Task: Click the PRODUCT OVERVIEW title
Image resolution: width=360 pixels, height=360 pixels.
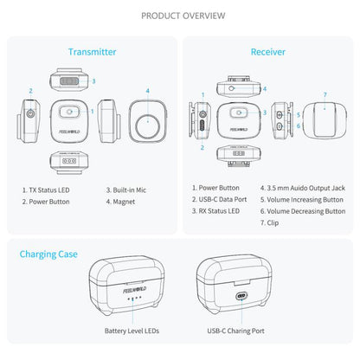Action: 180,16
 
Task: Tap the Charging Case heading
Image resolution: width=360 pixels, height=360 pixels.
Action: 48,254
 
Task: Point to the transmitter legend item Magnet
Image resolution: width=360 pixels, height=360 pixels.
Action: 125,202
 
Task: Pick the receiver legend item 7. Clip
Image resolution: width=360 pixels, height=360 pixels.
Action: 269,222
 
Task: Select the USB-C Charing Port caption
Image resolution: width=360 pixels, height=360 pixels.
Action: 236,330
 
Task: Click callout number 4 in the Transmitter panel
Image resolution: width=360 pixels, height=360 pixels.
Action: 147,90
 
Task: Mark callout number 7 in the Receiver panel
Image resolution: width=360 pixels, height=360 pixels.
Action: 325,93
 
